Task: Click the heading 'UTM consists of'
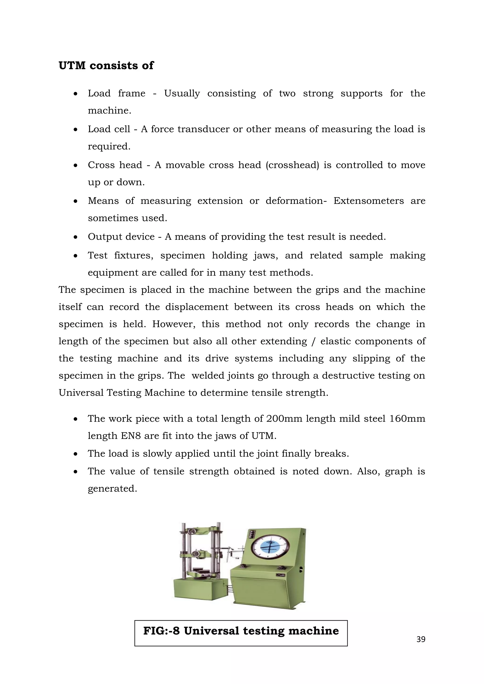tap(106, 65)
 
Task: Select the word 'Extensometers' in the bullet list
tap(368, 201)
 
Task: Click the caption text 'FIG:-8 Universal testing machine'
tap(241, 631)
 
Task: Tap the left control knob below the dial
tap(243, 566)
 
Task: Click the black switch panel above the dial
tap(252, 533)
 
